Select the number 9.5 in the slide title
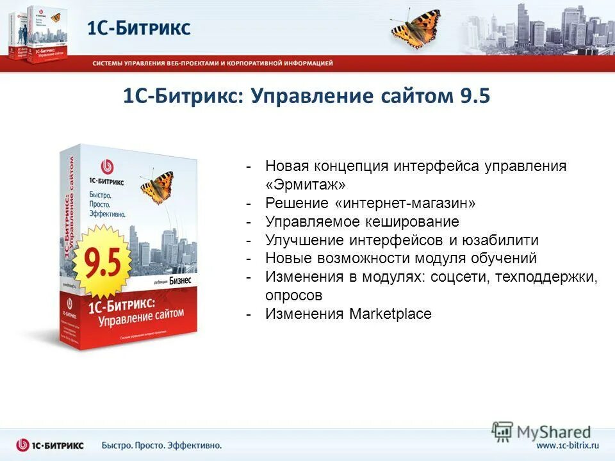[x=475, y=96]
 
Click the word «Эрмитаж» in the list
[x=306, y=184]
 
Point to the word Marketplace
[x=390, y=314]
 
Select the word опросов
[x=293, y=295]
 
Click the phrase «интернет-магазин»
[x=406, y=203]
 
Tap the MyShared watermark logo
[x=541, y=432]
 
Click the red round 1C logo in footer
[x=23, y=445]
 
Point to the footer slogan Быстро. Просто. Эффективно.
[x=161, y=445]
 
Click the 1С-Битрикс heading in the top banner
[x=139, y=28]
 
